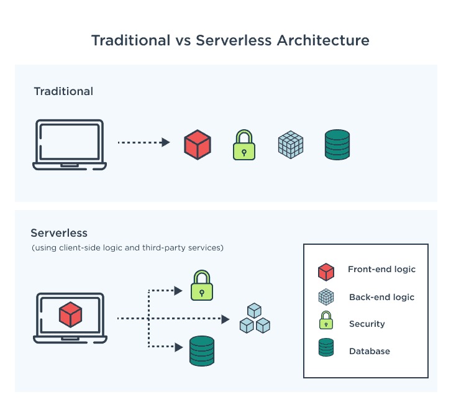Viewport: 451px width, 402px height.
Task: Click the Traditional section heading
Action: [x=63, y=91]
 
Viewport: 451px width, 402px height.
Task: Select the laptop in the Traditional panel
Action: [x=70, y=145]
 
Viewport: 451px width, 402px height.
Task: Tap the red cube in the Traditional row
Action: [x=198, y=144]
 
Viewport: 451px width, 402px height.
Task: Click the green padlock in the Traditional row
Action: [x=244, y=145]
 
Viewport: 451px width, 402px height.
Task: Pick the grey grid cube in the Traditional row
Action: [x=290, y=144]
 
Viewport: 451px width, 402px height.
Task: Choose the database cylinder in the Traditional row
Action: [x=337, y=144]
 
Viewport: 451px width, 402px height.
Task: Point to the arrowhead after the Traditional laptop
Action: [x=166, y=142]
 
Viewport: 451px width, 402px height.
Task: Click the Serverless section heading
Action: [x=59, y=233]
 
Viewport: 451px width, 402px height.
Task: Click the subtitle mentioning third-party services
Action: [x=127, y=248]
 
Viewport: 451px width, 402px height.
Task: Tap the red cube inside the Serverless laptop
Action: [x=70, y=314]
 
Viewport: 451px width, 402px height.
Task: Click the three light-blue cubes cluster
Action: [x=255, y=318]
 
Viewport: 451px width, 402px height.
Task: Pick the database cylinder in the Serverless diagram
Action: [x=201, y=350]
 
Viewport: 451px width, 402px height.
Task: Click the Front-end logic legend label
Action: [x=381, y=270]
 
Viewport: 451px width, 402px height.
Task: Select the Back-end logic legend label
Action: [x=381, y=297]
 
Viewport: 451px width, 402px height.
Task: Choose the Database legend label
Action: [x=370, y=351]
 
